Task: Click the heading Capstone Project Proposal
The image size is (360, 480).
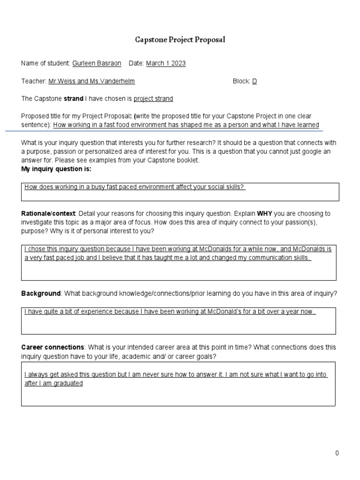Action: [180, 40]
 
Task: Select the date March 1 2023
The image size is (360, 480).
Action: [166, 63]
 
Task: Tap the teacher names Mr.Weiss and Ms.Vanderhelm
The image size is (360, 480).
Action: [91, 81]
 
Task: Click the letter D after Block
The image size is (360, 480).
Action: [255, 81]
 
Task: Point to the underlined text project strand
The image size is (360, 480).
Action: [153, 98]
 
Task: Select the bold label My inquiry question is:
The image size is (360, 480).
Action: [56, 169]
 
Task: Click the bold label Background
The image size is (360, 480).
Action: [41, 293]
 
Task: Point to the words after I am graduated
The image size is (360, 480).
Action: [53, 383]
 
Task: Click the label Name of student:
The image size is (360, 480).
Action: [45, 63]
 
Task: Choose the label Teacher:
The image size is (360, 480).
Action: [34, 81]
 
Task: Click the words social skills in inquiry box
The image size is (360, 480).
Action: [226, 187]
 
